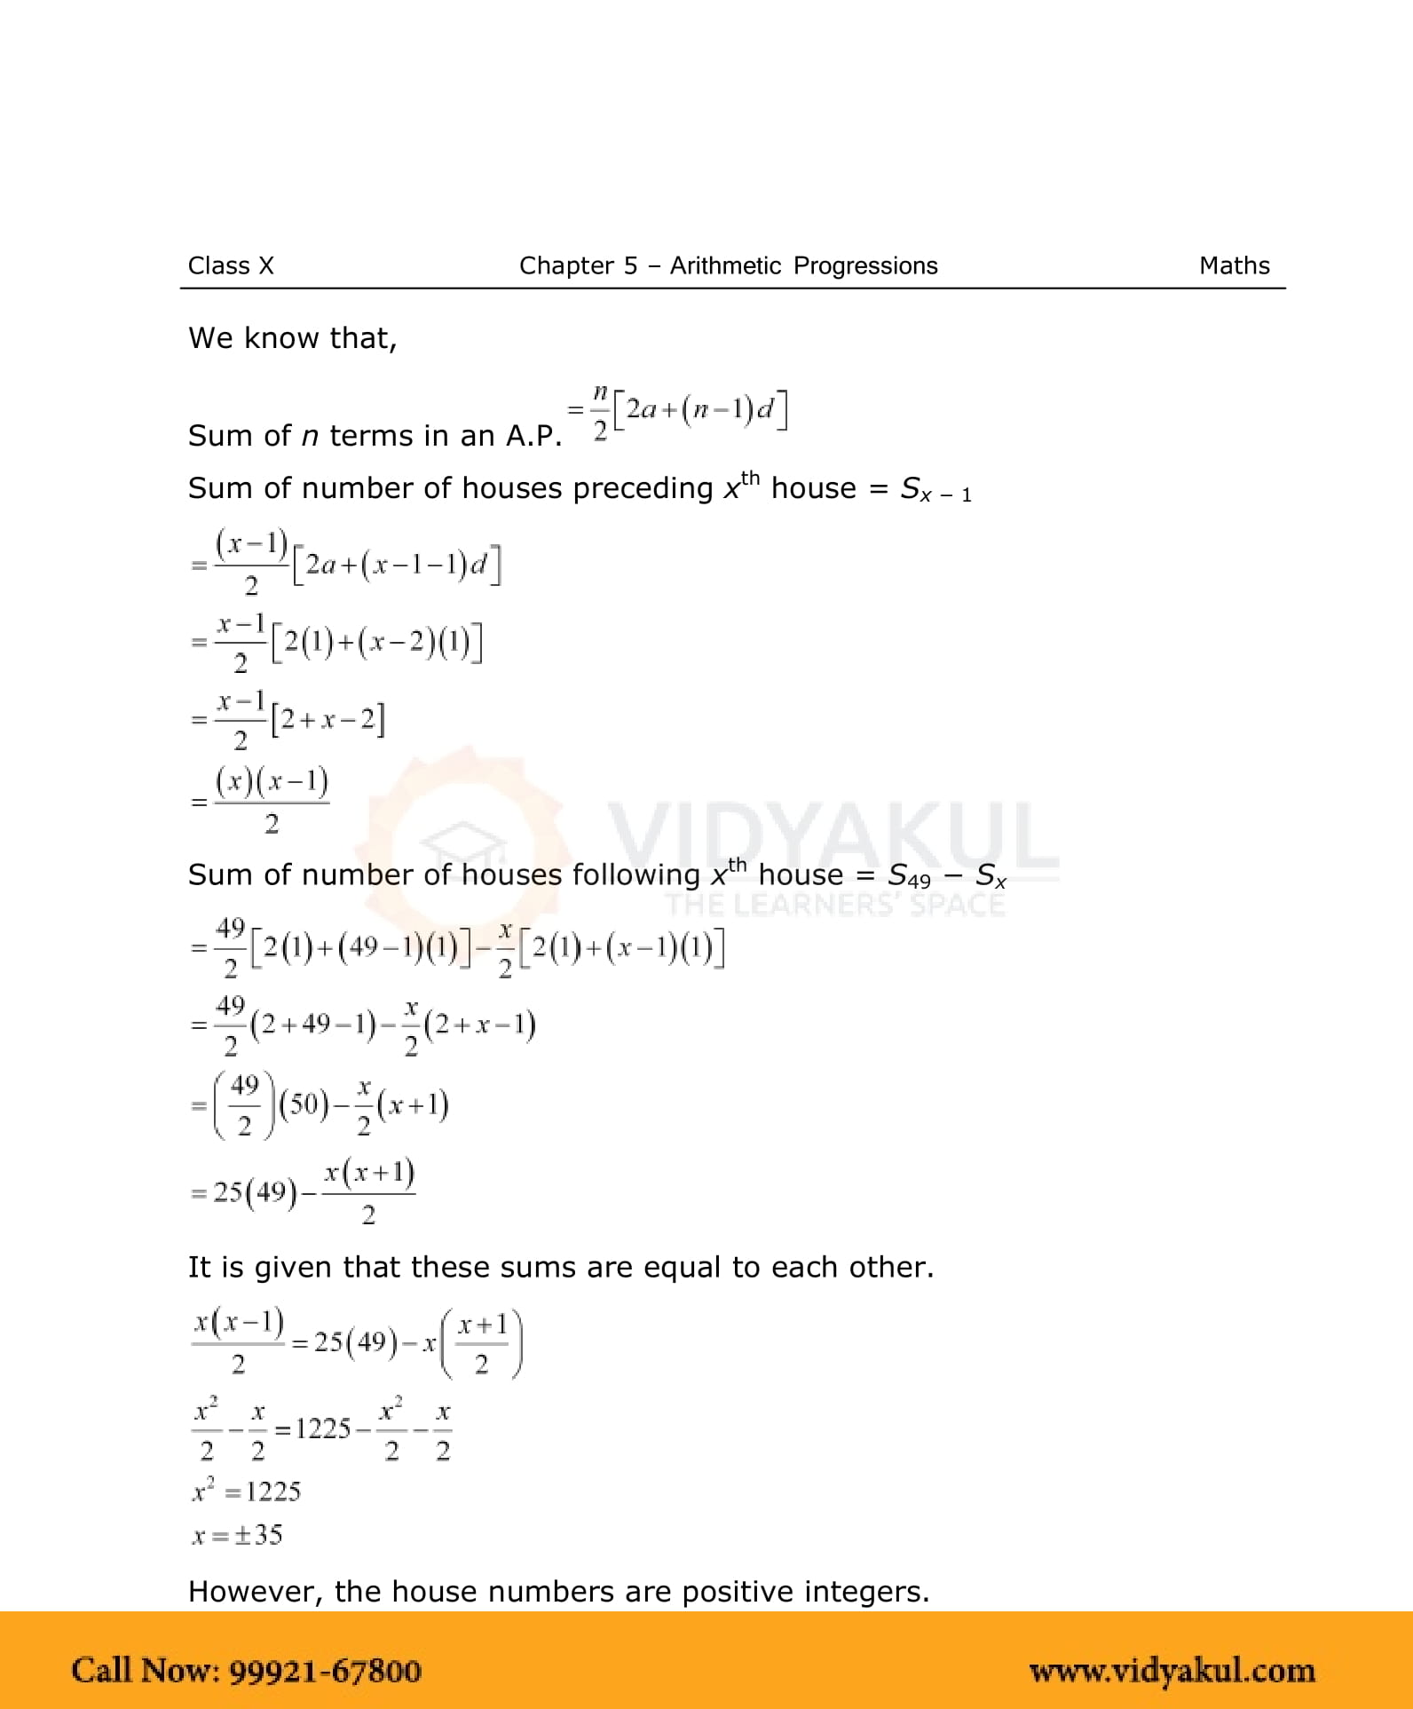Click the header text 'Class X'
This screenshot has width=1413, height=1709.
coord(231,265)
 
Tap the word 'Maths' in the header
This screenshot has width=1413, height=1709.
coord(1234,265)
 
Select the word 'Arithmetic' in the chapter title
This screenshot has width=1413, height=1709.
coord(725,265)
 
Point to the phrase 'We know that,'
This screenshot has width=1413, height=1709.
coord(292,338)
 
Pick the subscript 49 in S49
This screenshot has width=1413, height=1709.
coord(919,881)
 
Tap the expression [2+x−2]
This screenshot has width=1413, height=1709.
coord(328,719)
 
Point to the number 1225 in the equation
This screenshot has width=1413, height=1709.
coord(323,1428)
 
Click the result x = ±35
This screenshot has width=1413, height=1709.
coord(237,1535)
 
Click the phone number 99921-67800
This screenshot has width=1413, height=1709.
coord(325,1671)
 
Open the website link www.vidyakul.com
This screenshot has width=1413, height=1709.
coord(1172,1671)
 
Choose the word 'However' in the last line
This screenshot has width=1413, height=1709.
coord(255,1592)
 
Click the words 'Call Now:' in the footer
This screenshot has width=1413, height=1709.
coord(146,1671)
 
